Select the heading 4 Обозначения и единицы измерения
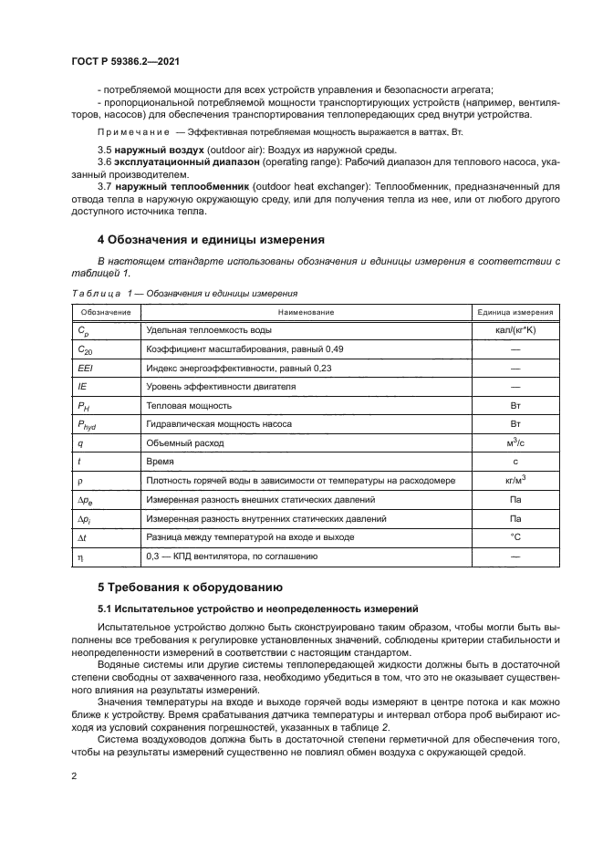(x=211, y=241)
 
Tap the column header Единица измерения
(x=515, y=313)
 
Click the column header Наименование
(x=307, y=313)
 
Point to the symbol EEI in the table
(x=87, y=368)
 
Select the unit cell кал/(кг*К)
(x=515, y=331)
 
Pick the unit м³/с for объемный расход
(x=515, y=442)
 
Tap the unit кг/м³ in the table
(x=515, y=480)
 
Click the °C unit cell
(x=515, y=537)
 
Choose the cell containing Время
(x=160, y=462)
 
